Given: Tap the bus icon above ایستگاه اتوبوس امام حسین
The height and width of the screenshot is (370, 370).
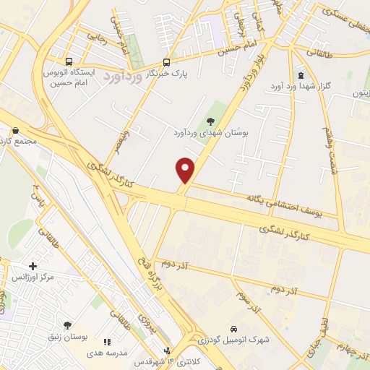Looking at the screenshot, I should click(69, 62).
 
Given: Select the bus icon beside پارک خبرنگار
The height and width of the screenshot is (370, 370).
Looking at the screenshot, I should click(167, 62).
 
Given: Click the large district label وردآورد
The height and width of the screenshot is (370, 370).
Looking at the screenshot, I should click(124, 76).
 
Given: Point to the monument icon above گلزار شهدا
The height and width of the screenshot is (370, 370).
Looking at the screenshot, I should click(301, 76).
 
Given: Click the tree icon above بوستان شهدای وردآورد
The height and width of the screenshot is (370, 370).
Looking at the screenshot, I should click(210, 121).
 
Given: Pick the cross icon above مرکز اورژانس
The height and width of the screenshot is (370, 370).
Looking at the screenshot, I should click(33, 266).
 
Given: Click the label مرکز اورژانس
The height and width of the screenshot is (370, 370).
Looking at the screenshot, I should click(33, 277).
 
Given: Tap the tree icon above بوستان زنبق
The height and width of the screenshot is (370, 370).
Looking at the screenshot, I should click(67, 325).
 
